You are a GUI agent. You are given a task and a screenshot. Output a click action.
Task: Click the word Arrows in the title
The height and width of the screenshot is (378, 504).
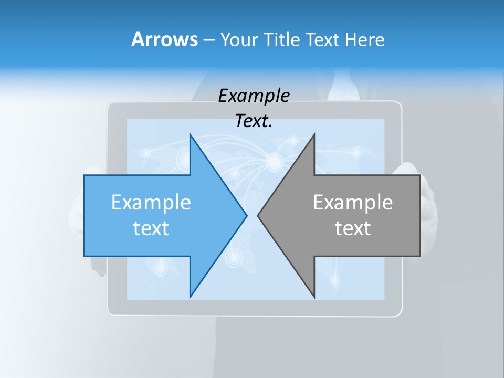tap(164, 39)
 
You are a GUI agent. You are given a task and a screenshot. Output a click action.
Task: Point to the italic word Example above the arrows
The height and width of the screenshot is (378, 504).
tap(254, 96)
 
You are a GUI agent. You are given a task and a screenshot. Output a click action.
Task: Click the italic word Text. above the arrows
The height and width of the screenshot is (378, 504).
tap(254, 121)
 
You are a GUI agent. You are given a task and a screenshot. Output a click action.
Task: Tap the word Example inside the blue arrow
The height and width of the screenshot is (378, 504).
tap(151, 203)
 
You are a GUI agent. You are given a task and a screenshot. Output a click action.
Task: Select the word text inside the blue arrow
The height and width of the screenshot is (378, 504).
tap(151, 228)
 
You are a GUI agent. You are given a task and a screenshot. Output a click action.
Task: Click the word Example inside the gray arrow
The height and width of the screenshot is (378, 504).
tap(353, 203)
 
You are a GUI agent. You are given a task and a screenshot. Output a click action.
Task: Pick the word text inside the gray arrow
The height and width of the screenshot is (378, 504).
tap(353, 228)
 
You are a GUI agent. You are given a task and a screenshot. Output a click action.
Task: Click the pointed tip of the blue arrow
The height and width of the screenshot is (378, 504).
tap(247, 215)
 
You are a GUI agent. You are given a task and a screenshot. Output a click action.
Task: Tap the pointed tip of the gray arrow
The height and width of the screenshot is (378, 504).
tap(258, 215)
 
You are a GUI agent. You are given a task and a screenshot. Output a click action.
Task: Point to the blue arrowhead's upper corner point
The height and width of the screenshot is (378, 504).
tap(190, 134)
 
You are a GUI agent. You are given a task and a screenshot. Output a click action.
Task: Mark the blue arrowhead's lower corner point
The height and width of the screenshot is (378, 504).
tap(190, 297)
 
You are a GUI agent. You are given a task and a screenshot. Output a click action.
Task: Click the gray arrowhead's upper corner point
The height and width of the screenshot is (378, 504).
tap(314, 134)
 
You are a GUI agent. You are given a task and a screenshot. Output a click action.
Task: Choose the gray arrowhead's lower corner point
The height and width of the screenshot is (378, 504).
tap(314, 297)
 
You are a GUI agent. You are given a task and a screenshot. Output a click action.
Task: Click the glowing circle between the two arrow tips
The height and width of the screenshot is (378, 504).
tap(274, 162)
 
